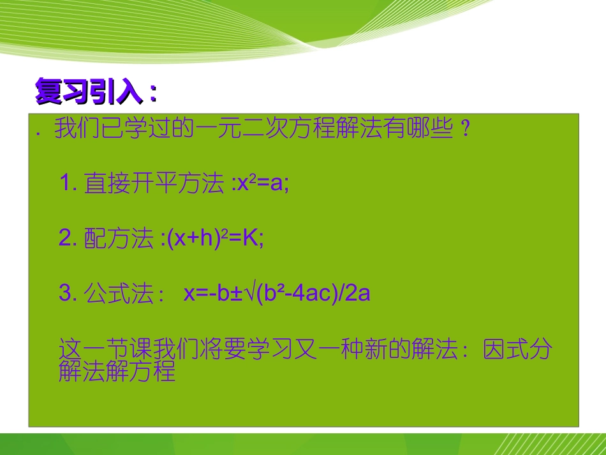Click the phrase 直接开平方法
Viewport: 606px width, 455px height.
(x=154, y=184)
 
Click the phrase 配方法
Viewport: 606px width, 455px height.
(x=119, y=239)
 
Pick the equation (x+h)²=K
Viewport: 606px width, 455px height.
(x=215, y=239)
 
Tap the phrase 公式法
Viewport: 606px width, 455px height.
(x=119, y=294)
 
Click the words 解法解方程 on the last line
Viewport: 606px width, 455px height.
(x=117, y=372)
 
